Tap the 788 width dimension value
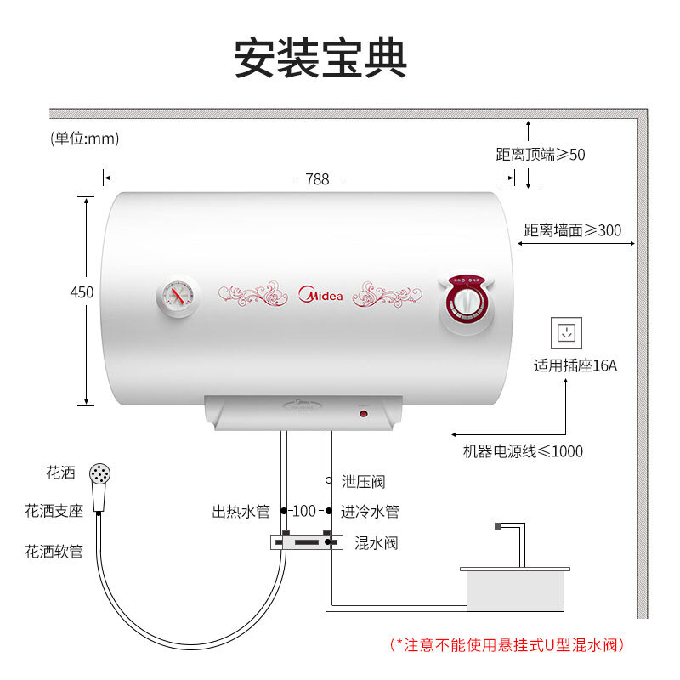(317, 179)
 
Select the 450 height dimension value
(82, 292)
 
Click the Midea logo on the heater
(320, 294)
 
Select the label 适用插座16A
(575, 366)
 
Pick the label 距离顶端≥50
(541, 155)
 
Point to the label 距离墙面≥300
(572, 230)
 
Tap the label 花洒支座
(54, 511)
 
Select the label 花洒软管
(54, 552)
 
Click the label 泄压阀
(363, 482)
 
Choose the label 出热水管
(241, 512)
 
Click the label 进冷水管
(370, 512)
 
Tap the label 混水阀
(376, 542)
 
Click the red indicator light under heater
(363, 414)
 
